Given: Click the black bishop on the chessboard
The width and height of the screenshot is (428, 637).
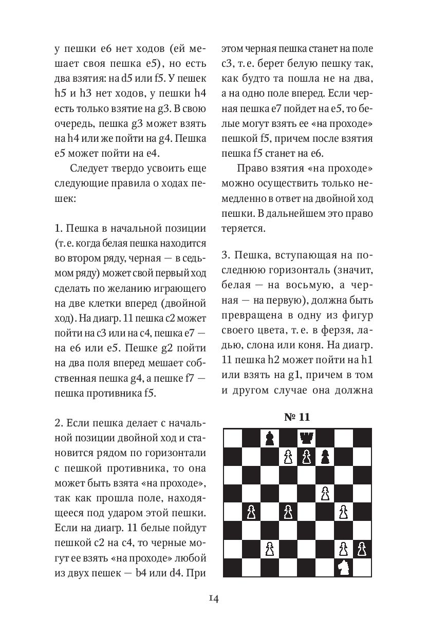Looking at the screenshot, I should pyautogui.click(x=269, y=438).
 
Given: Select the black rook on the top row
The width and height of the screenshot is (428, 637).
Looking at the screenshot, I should pyautogui.click(x=307, y=438).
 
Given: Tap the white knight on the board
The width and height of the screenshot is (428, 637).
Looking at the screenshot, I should pyautogui.click(x=344, y=567).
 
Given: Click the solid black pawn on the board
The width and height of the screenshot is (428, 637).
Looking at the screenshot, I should pyautogui.click(x=325, y=457).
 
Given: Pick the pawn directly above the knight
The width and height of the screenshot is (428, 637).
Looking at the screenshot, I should pyautogui.click(x=344, y=548).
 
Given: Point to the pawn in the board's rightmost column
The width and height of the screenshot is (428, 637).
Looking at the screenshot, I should pyautogui.click(x=362, y=548).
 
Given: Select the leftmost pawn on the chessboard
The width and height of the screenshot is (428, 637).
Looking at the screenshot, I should pyautogui.click(x=251, y=512).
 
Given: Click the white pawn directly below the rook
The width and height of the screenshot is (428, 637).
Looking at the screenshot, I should pyautogui.click(x=307, y=457).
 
